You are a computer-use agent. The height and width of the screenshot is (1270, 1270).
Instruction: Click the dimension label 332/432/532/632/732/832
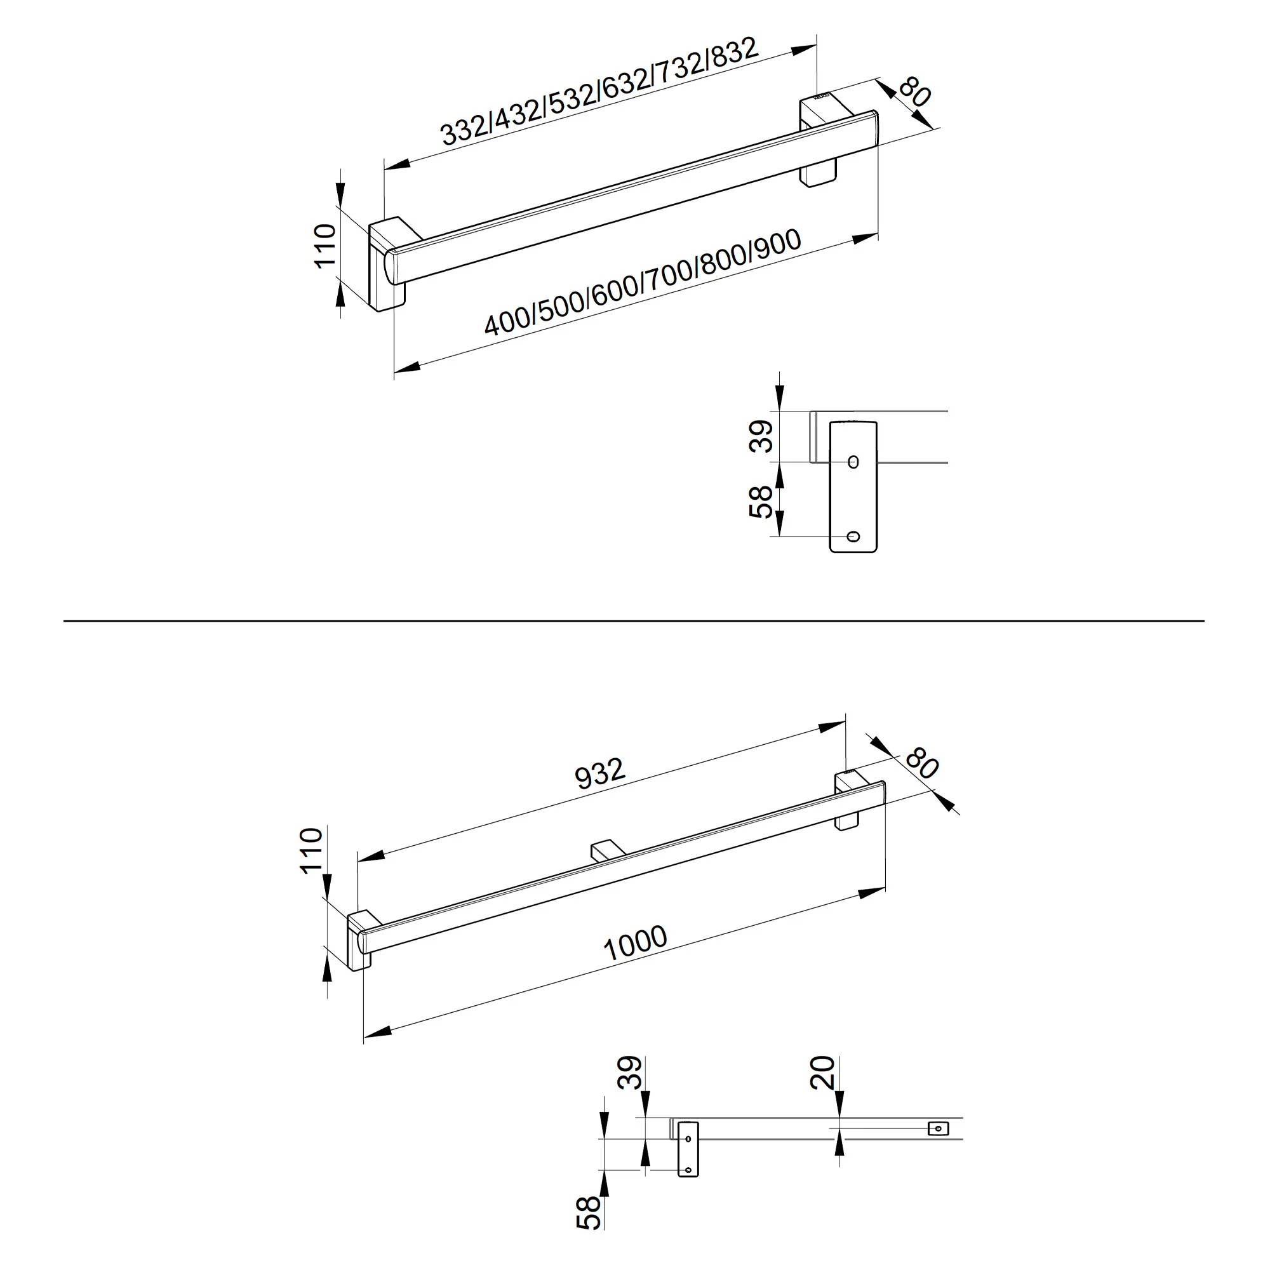click(599, 91)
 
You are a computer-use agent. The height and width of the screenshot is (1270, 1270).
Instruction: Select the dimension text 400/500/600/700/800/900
click(643, 282)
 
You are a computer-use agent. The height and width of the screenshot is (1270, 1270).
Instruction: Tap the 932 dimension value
click(599, 773)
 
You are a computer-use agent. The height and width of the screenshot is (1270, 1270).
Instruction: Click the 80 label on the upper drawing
click(915, 91)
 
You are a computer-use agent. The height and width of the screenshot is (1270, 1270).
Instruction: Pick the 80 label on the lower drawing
click(921, 763)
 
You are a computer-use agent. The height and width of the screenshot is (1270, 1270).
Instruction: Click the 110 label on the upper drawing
click(325, 245)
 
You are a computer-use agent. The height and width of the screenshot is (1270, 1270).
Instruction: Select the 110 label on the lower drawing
click(312, 850)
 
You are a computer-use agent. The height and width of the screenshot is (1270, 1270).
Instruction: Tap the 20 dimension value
click(822, 1072)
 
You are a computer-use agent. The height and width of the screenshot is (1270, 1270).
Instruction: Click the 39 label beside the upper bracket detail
click(762, 436)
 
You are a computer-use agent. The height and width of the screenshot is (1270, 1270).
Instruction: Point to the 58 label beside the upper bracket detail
click(761, 502)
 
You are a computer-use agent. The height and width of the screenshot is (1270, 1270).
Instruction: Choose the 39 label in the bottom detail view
click(629, 1072)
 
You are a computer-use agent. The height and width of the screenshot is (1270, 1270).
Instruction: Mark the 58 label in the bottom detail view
click(589, 1213)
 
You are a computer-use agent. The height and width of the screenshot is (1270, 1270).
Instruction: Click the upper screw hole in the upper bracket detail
click(853, 462)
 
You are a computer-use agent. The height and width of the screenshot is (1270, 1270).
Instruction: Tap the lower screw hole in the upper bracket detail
click(853, 537)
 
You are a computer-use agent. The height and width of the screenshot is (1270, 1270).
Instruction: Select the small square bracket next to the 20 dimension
click(938, 1128)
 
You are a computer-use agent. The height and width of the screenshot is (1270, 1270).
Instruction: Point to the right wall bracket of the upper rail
click(819, 142)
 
